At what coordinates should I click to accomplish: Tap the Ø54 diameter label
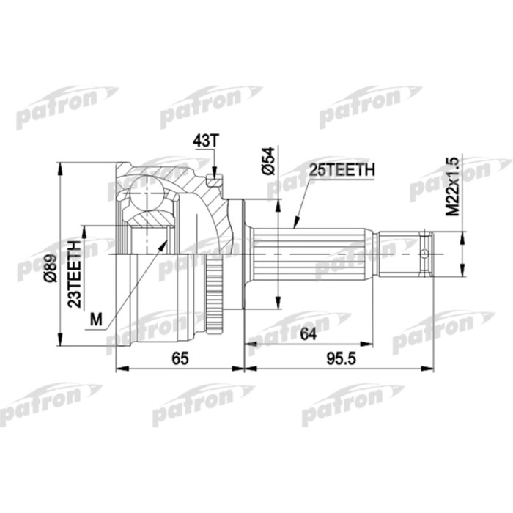tap(268, 160)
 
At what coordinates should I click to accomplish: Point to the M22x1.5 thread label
tap(452, 186)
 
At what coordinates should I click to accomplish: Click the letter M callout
tap(95, 318)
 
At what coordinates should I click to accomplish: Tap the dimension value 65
tap(180, 358)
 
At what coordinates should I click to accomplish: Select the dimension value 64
tap(308, 335)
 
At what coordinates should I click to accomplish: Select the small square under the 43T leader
tap(214, 180)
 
